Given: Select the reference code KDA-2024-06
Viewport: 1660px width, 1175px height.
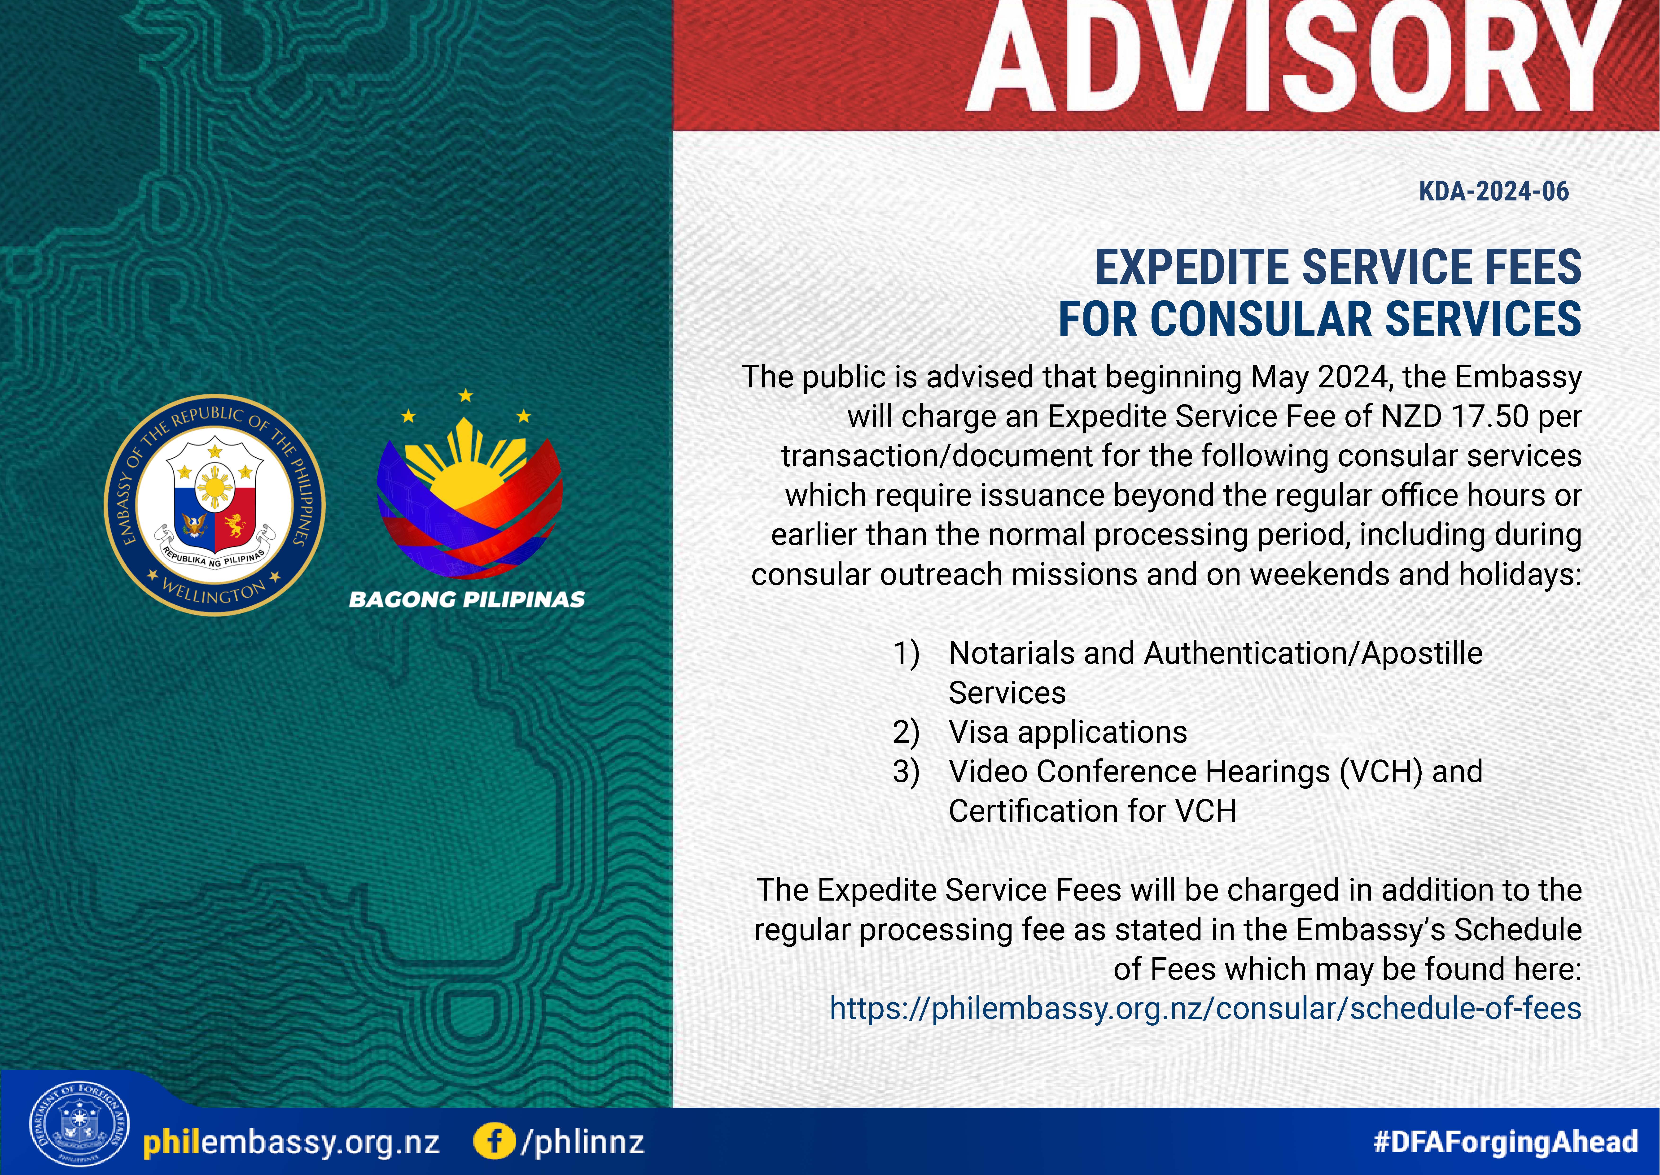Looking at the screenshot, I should pyautogui.click(x=1494, y=192).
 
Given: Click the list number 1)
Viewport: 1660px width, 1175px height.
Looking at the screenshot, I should pyautogui.click(x=906, y=653).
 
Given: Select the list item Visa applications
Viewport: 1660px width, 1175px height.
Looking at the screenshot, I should pyautogui.click(x=1068, y=732).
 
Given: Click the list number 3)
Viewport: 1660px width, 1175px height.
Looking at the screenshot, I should pyautogui.click(x=906, y=772).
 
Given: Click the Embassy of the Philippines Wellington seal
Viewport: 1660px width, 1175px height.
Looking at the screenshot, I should pyautogui.click(x=215, y=505).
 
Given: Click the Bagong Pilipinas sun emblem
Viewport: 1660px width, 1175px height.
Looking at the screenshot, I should pyautogui.click(x=469, y=499).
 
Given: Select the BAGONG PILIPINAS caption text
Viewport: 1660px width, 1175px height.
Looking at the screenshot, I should pyautogui.click(x=467, y=600).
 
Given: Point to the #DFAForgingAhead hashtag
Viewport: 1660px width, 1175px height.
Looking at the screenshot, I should pyautogui.click(x=1506, y=1142).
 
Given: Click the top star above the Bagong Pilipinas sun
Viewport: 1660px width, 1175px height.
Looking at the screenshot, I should pyautogui.click(x=465, y=396).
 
